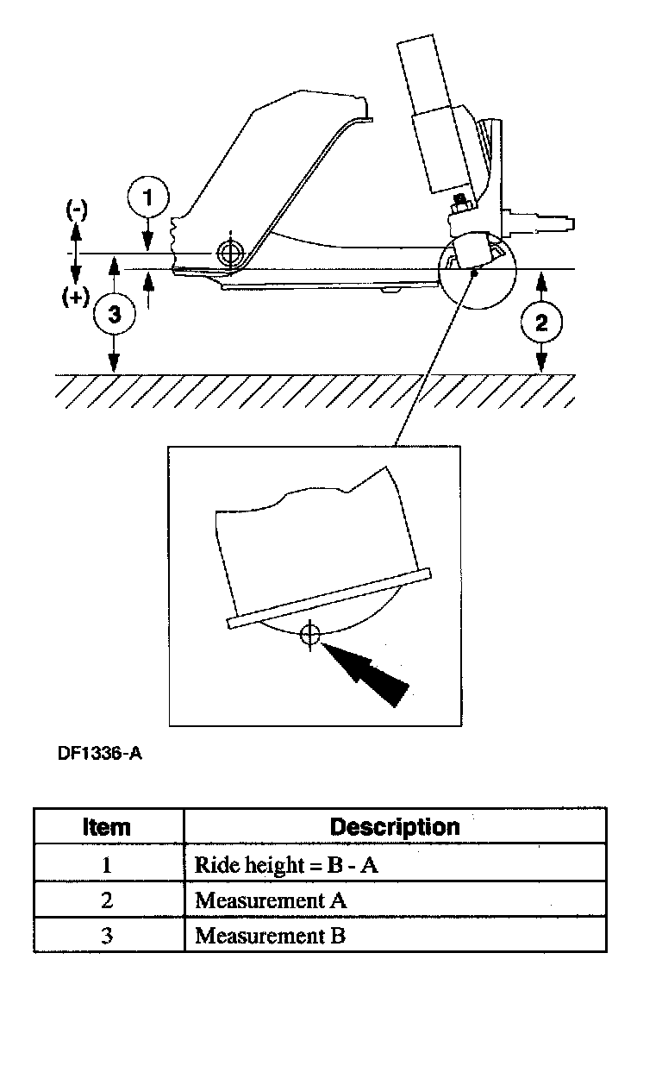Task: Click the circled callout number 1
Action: tap(148, 198)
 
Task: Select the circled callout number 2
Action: tap(541, 323)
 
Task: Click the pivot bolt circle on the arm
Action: tap(229, 253)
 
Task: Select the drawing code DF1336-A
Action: tap(100, 753)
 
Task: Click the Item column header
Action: tap(108, 826)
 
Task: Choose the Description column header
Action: tap(395, 826)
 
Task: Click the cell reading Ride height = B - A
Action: tap(286, 865)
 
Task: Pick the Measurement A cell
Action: tap(271, 900)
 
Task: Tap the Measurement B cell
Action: tap(270, 935)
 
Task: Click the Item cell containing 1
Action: tap(107, 865)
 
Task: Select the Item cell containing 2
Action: tap(107, 900)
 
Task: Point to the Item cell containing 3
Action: tap(107, 935)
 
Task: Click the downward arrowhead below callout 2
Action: tap(541, 365)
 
